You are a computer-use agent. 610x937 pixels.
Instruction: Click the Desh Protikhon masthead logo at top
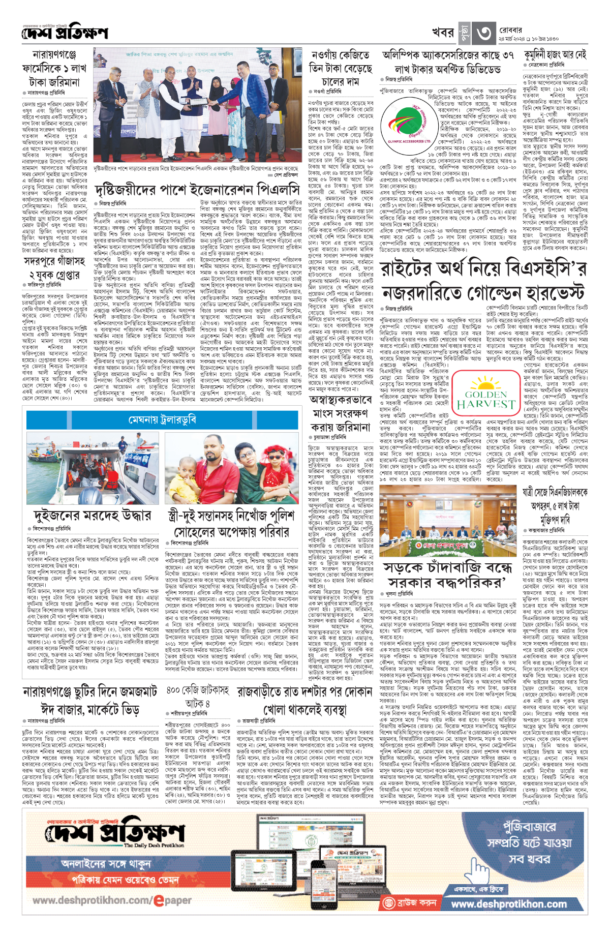[65, 33]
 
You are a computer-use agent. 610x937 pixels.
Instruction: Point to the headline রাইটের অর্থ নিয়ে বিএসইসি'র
[484, 269]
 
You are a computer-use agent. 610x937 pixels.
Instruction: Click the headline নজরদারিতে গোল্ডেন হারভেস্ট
[483, 293]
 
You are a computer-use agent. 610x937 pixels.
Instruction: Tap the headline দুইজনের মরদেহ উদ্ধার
[92, 515]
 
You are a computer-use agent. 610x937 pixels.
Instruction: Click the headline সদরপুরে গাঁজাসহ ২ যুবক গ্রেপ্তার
[54, 268]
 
